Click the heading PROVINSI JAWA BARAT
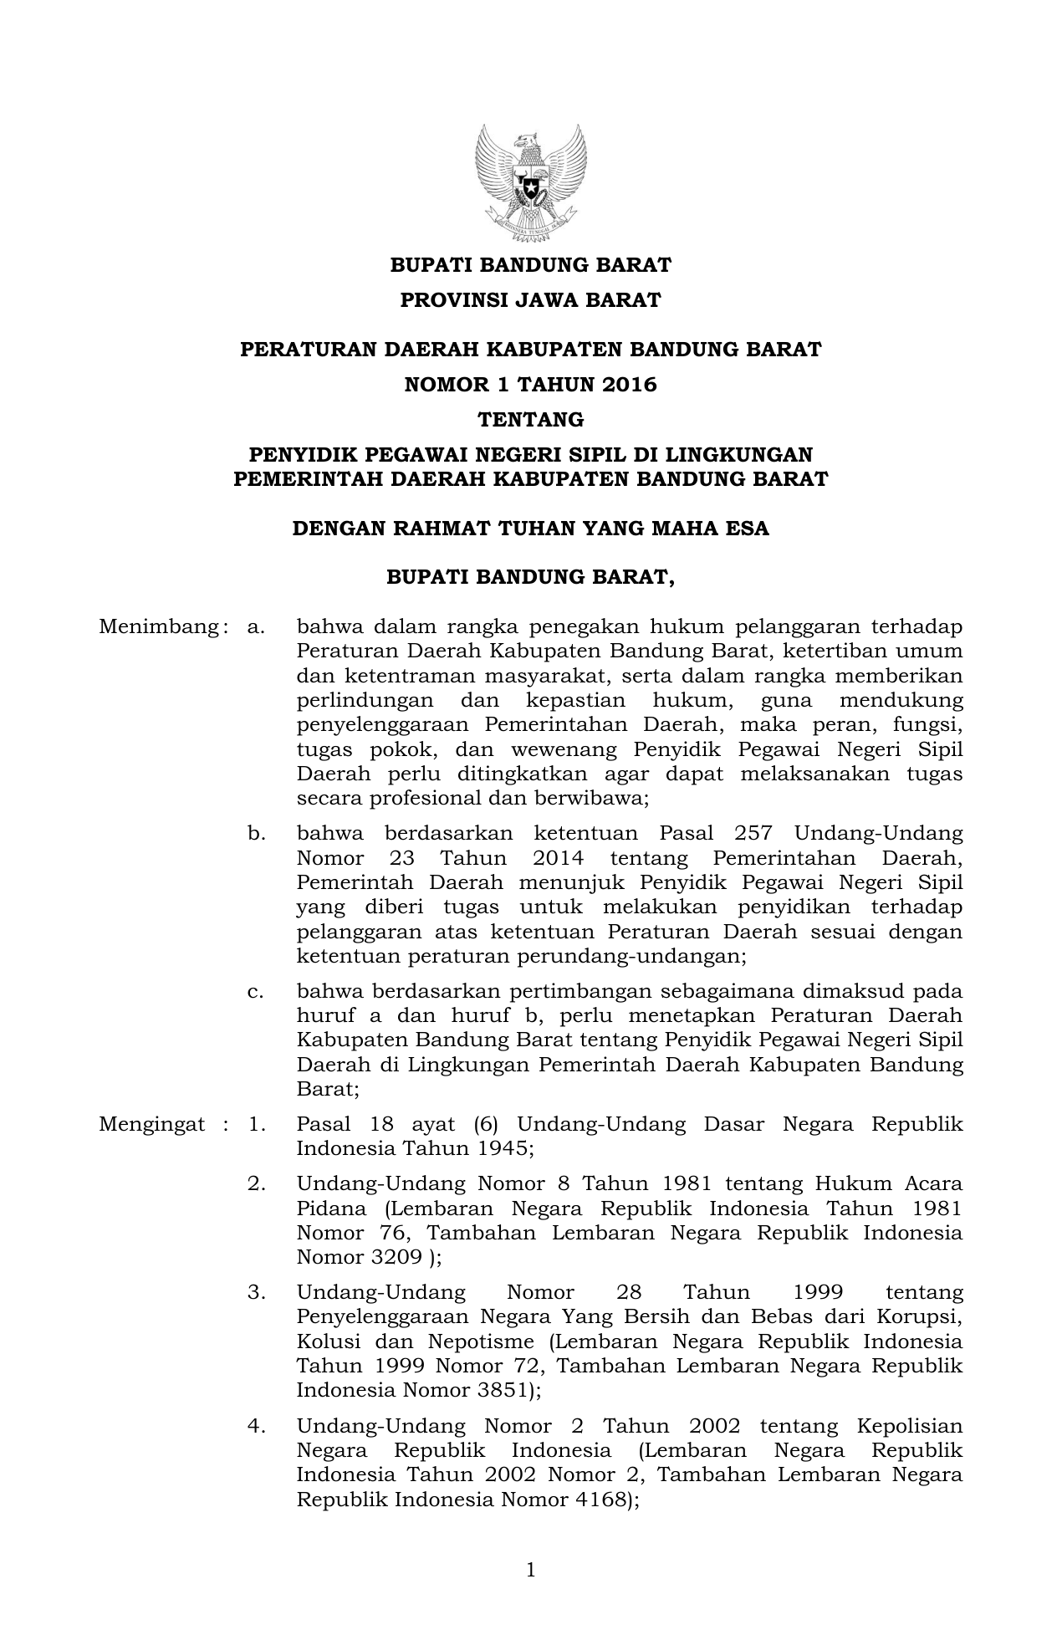(x=530, y=300)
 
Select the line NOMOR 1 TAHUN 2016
(x=530, y=385)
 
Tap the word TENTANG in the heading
(x=530, y=419)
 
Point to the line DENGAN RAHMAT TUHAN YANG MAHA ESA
(x=530, y=529)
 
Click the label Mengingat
(x=151, y=1124)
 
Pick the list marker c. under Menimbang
(x=255, y=992)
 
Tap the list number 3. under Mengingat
(x=256, y=1293)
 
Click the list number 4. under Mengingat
(x=256, y=1426)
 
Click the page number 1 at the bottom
(x=530, y=1571)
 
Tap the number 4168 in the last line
(x=595, y=1500)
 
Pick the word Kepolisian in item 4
(x=910, y=1426)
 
